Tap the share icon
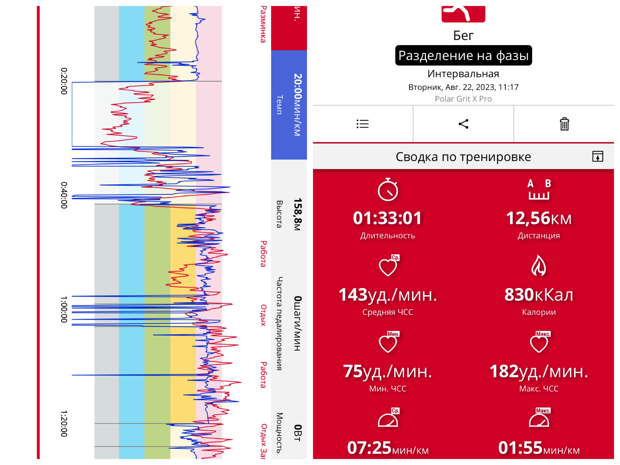[463, 124]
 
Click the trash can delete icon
[564, 124]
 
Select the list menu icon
[362, 124]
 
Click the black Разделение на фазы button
[463, 55]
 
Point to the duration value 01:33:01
[387, 218]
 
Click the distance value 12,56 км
[539, 218]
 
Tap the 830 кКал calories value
[539, 295]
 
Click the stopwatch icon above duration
[388, 190]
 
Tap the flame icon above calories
[539, 265]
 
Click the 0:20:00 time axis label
[64, 81]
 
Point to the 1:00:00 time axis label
[64, 309]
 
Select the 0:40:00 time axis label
[64, 195]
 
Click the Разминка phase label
[263, 24]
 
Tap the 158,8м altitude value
[298, 214]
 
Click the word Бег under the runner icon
[463, 36]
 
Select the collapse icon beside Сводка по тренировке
[598, 157]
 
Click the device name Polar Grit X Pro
[463, 99]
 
